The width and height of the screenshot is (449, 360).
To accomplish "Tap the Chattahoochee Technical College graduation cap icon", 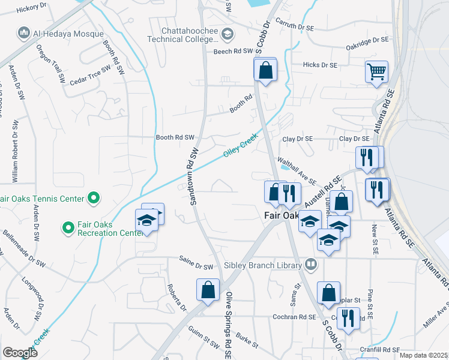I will coord(227,35).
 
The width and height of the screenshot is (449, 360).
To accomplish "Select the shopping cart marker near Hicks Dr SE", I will coord(376,72).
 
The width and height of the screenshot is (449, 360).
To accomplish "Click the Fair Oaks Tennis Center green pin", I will coord(94,197).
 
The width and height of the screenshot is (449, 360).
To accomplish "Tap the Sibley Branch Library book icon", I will coord(311,263).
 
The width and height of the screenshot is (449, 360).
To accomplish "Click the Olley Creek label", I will coord(240,146).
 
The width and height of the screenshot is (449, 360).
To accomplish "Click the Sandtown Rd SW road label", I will coord(194,177).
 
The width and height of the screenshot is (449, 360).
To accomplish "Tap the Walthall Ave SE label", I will coord(297,170).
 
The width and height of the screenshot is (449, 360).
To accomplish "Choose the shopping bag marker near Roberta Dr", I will coord(207,290).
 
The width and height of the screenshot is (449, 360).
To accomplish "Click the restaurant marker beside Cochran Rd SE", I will coord(348,318).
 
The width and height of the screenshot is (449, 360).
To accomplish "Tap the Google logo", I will coord(20,353).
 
